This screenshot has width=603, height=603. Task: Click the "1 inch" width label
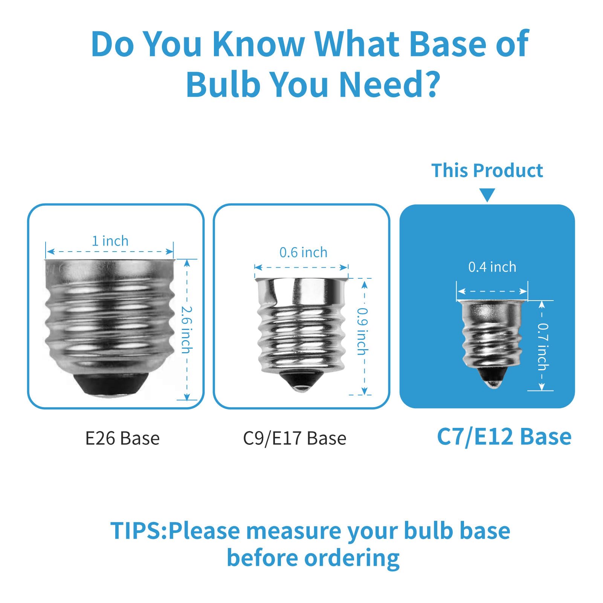[x=110, y=241]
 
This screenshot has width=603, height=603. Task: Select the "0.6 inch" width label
[x=303, y=252]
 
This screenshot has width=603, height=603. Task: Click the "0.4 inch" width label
[x=492, y=267]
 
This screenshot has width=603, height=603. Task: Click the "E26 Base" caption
[x=122, y=438]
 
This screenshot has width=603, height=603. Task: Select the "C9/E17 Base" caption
[x=295, y=438]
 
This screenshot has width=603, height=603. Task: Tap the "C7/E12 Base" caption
[x=504, y=437]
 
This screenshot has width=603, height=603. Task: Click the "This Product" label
[x=487, y=171]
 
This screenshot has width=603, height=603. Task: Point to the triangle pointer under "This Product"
[x=487, y=195]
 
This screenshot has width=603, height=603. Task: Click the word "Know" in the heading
[x=258, y=44]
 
